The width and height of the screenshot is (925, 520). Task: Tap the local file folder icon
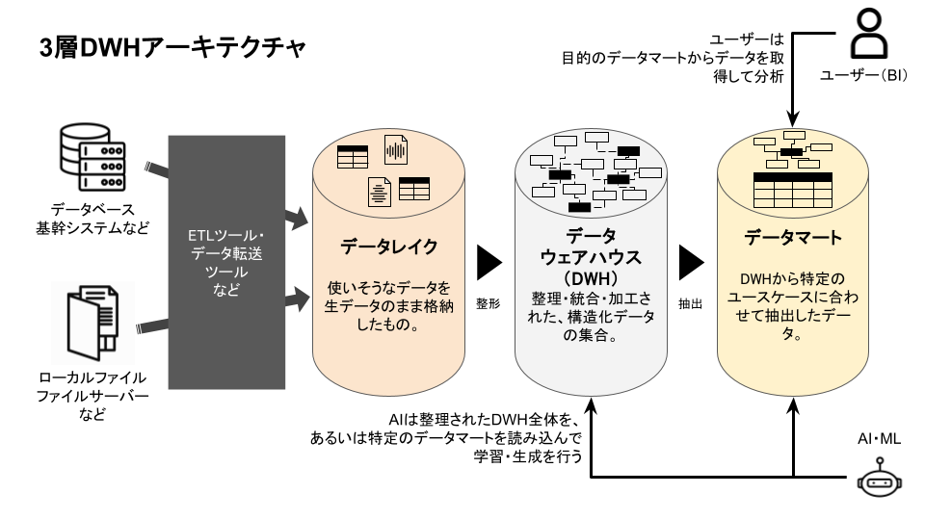92,322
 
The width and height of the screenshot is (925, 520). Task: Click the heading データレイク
388,247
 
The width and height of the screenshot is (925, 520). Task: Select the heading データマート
793,238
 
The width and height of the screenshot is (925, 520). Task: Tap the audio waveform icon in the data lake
395,152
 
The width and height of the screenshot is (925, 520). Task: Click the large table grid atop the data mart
792,191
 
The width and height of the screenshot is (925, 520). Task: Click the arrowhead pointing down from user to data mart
792,117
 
